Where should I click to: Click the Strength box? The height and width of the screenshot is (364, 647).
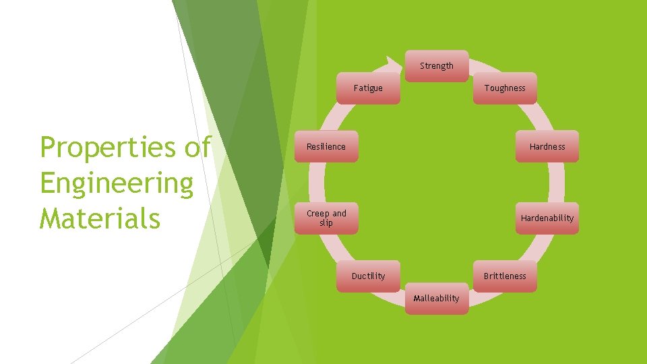click(x=437, y=66)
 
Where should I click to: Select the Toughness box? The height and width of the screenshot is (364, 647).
click(x=505, y=88)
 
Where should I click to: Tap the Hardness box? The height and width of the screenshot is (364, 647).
click(x=547, y=146)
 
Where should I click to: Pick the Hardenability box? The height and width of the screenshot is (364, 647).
click(x=547, y=218)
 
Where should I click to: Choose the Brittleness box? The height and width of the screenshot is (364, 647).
click(x=505, y=276)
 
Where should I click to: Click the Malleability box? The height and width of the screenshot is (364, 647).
click(x=437, y=299)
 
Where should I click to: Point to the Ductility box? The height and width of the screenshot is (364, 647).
click(x=368, y=276)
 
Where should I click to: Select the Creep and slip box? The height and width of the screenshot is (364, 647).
click(x=326, y=218)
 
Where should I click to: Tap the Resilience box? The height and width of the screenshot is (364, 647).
click(x=326, y=146)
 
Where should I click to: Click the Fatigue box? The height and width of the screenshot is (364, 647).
click(x=368, y=88)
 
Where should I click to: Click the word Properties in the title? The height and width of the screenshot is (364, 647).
click(x=108, y=148)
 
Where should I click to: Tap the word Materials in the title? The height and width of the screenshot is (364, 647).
click(x=100, y=218)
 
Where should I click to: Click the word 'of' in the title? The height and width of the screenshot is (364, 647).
click(x=197, y=146)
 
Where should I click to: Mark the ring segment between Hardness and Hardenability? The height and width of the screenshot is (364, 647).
click(x=557, y=183)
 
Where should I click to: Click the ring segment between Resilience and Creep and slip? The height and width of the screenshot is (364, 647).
click(x=317, y=183)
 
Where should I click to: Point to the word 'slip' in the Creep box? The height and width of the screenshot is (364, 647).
click(x=326, y=223)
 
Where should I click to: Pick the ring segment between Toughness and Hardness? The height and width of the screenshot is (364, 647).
click(x=537, y=117)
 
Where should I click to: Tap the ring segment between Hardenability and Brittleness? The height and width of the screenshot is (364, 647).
click(x=537, y=247)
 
